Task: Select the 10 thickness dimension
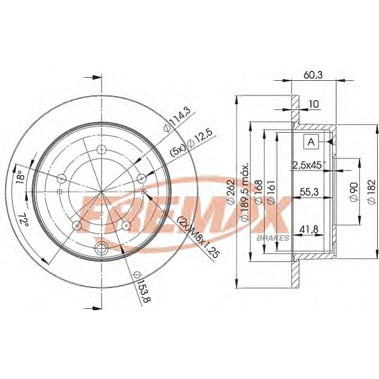click(314, 104)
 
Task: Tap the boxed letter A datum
click(311, 142)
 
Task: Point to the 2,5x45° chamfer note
click(308, 165)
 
